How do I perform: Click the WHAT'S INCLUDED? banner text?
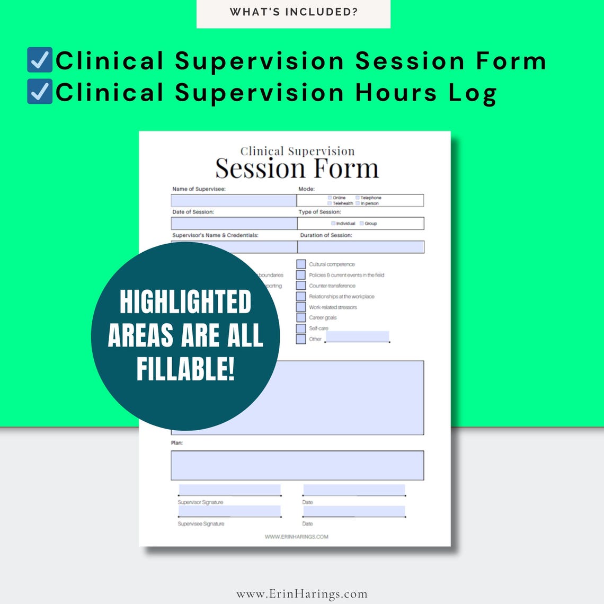pos(294,12)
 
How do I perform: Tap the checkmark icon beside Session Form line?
pos(40,60)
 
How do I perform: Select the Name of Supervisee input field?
pos(234,200)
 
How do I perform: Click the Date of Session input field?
pos(234,223)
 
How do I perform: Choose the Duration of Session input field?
pos(361,247)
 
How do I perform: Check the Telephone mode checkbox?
pos(358,198)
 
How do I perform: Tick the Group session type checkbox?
pos(362,223)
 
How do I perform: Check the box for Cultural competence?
pos(301,264)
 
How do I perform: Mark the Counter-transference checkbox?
pos(301,286)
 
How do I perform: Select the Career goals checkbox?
pos(301,317)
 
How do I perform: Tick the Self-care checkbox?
pos(301,328)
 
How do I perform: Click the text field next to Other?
pos(357,336)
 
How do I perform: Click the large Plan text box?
pos(297,465)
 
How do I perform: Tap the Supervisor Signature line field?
pos(229,490)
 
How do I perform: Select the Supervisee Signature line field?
pos(229,511)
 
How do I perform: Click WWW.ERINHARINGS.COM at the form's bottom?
pos(296,537)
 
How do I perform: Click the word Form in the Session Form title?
pos(346,169)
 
